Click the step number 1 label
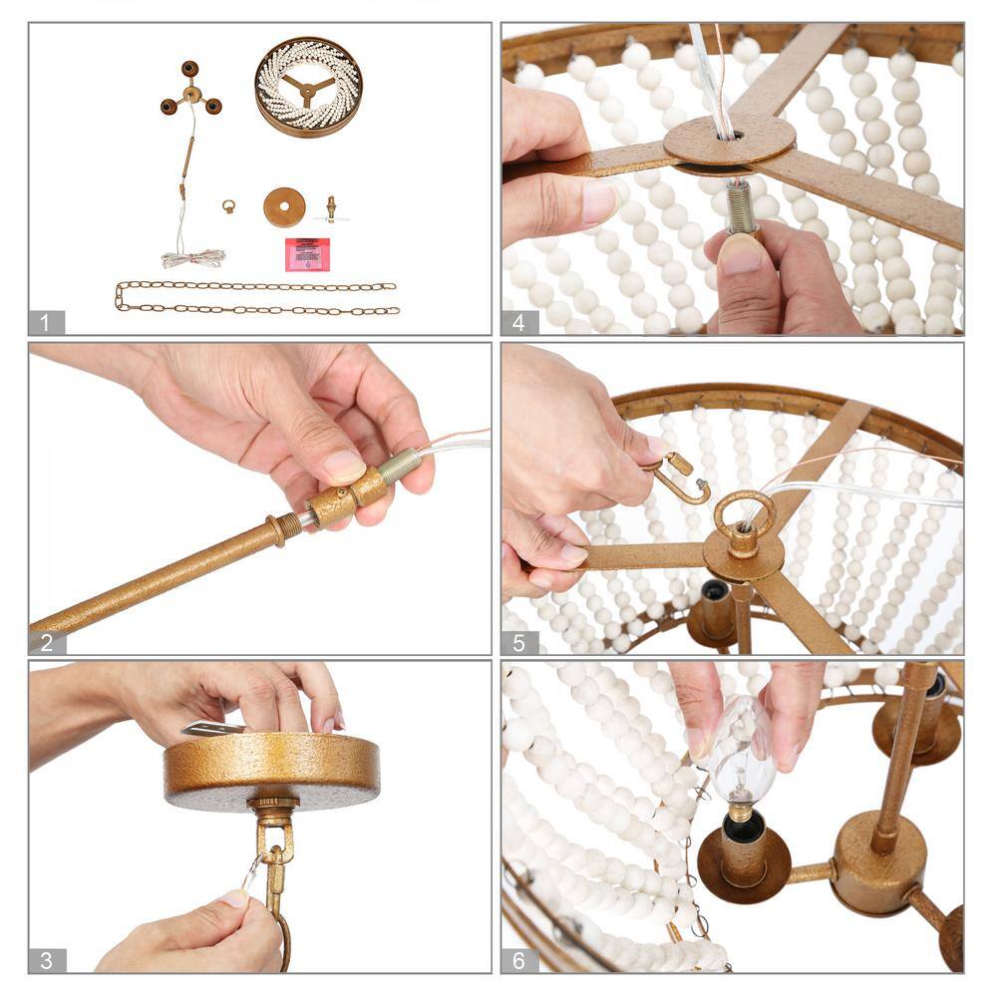[45, 323]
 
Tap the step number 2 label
[46, 643]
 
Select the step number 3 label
[46, 960]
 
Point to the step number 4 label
[518, 323]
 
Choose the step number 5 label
[518, 643]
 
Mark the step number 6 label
[518, 960]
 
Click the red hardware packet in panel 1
[307, 254]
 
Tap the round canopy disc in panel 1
[284, 207]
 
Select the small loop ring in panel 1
[229, 206]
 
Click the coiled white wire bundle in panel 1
[193, 259]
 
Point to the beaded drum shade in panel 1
[308, 87]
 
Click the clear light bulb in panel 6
[741, 751]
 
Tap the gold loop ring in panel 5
[744, 516]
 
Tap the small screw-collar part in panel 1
[331, 208]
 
